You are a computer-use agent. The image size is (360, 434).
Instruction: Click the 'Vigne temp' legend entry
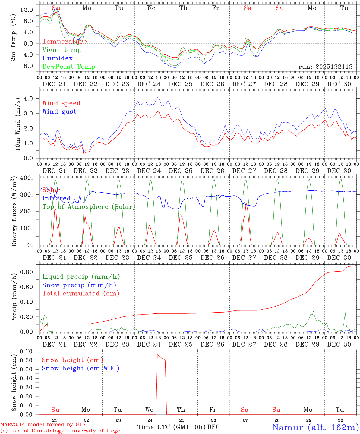pos(62,50)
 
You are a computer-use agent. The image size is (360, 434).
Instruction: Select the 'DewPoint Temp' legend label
pos(69,67)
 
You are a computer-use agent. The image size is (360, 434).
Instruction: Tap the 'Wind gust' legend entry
pos(59,112)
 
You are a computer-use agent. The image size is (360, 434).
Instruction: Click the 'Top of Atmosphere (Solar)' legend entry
pos(88,207)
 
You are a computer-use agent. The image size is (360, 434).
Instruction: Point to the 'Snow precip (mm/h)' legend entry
pos(79,285)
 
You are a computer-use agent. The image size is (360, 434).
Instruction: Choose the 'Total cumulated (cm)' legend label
pos(81,294)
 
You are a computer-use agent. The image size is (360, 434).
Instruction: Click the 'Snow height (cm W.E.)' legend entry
pos(80,368)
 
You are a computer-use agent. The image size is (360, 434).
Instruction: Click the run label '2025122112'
pos(325,67)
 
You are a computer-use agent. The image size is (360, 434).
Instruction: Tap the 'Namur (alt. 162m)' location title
pos(315,427)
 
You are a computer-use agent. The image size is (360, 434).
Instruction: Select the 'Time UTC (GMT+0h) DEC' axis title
pos(178,427)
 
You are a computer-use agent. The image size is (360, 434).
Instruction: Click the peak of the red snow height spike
pos(157,355)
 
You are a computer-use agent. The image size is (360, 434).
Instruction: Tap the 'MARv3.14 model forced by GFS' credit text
pos(43,424)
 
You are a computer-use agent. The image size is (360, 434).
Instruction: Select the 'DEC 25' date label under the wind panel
pos(180,171)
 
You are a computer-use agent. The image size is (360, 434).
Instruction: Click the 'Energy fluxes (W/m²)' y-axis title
pos(14,212)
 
